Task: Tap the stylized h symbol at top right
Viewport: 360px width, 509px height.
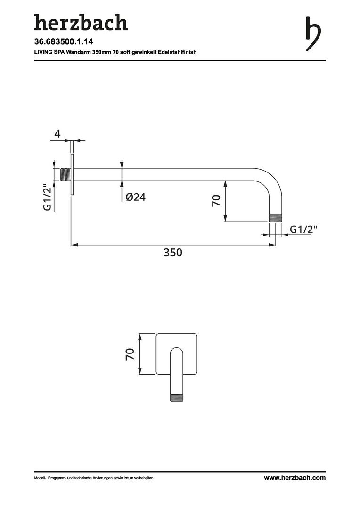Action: tap(313, 34)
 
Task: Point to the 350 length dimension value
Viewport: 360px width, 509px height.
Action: tap(172, 252)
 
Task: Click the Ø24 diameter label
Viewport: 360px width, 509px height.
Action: tap(136, 197)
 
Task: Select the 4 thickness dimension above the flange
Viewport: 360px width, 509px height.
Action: tap(57, 133)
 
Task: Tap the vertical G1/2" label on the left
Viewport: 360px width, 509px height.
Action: tap(48, 197)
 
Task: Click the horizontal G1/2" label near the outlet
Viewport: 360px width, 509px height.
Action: tap(303, 230)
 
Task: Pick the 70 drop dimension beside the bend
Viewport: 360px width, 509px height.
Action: tap(216, 200)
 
